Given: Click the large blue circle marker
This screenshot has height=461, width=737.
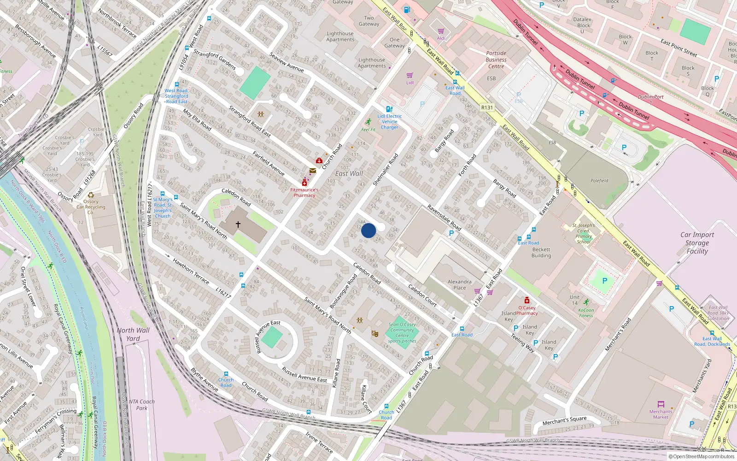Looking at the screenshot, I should point(368,230).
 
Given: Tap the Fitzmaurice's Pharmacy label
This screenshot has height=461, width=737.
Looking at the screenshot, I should point(304,193).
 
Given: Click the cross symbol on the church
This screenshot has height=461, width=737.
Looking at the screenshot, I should point(238,225).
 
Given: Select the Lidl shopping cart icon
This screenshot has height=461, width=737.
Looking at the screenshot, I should point(409,76).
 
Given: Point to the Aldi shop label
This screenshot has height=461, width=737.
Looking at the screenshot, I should point(441,38).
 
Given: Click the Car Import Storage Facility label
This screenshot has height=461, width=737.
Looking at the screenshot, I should point(697,243).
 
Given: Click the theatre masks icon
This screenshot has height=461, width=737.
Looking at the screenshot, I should point(374,333).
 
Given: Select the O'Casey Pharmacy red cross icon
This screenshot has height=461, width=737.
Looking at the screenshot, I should point(527,301).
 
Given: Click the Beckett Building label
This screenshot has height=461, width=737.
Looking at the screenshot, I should point(541,253).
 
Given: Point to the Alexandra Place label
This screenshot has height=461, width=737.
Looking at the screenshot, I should point(459,284).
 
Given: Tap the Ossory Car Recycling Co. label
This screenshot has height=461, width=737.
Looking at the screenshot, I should point(91,207).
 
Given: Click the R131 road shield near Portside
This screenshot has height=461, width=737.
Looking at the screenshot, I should point(487,107).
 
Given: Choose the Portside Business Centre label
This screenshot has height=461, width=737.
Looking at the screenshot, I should point(496,60).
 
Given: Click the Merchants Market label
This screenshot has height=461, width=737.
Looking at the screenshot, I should point(661,414).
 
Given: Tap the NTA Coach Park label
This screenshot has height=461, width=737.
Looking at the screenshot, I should point(141,405).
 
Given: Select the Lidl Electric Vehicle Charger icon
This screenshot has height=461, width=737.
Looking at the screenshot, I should point(389,109).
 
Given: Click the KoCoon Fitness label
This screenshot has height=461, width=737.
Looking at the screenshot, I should point(586,313).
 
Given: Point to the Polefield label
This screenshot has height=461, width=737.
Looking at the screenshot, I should point(599,181).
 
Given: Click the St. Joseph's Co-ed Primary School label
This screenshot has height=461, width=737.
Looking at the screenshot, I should point(584,233).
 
